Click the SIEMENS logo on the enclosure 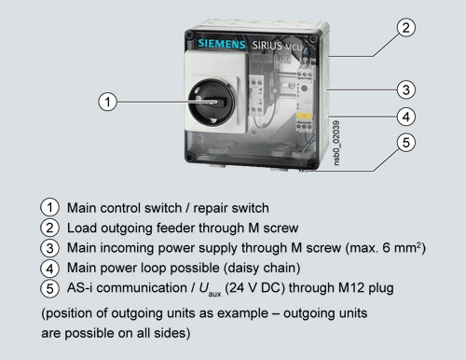(x=222, y=44)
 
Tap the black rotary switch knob (x=212, y=102)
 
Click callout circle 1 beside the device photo (x=107, y=102)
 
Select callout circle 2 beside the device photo (x=406, y=28)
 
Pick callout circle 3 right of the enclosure (x=406, y=90)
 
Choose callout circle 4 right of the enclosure (x=406, y=117)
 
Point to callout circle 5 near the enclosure (x=406, y=143)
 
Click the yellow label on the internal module (x=304, y=117)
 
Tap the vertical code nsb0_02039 (x=336, y=143)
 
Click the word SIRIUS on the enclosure (x=267, y=46)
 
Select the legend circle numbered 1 (x=49, y=208)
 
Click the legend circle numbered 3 (x=49, y=248)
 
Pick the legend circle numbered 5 (x=49, y=288)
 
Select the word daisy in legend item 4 (x=244, y=269)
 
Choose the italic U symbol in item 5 (x=204, y=288)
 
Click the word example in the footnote (x=242, y=313)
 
